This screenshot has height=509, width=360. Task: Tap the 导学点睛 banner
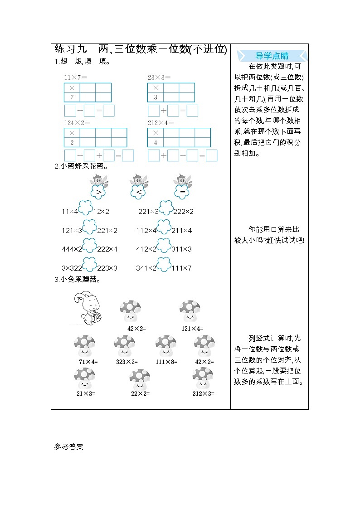click(x=272, y=56)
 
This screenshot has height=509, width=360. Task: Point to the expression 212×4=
click(x=157, y=122)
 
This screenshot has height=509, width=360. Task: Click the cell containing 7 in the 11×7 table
click(x=72, y=97)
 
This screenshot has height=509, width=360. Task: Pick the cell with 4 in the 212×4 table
click(x=156, y=142)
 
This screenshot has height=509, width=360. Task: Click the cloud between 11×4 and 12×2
click(x=86, y=208)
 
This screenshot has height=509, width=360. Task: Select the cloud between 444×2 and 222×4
click(x=89, y=245)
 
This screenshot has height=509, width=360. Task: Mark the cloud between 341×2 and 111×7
click(x=164, y=264)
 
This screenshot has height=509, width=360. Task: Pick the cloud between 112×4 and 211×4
click(x=164, y=227)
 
